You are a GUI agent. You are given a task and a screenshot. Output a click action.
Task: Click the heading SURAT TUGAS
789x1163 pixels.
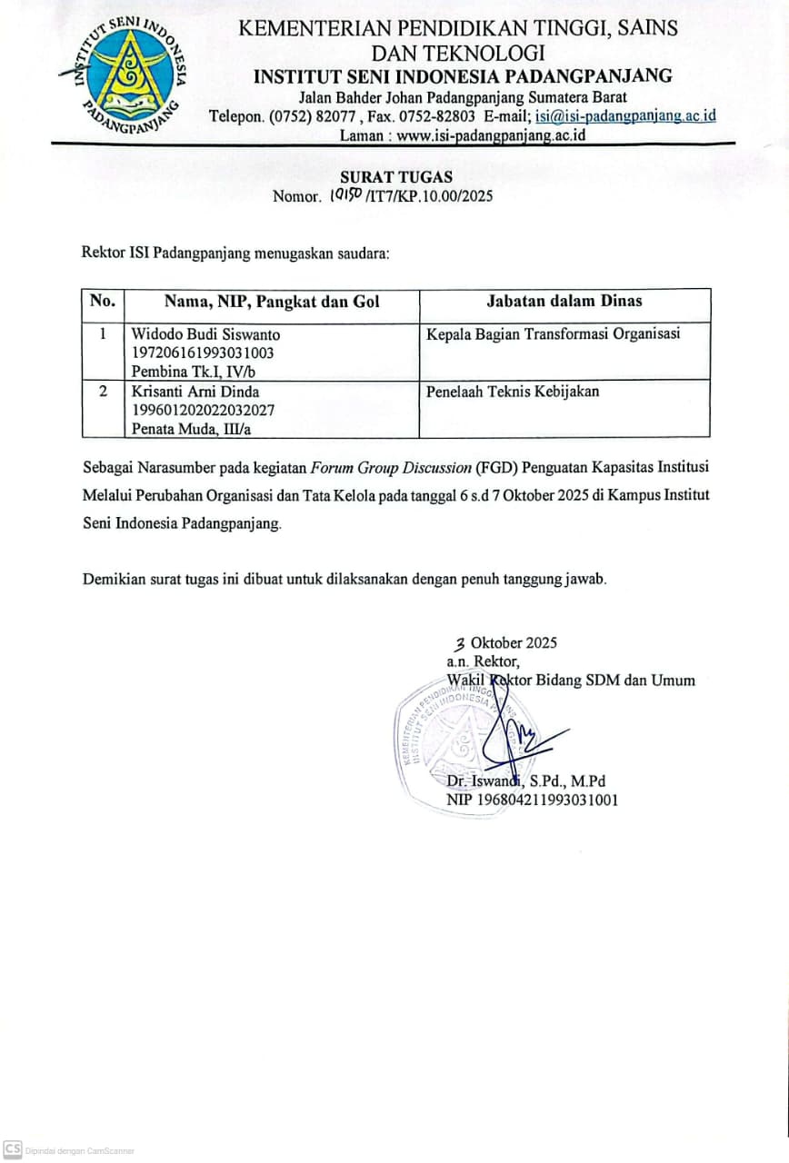[395, 177]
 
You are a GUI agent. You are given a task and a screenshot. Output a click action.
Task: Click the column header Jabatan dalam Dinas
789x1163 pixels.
[564, 302]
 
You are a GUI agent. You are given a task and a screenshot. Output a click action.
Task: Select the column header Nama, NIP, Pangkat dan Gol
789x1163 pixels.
[272, 302]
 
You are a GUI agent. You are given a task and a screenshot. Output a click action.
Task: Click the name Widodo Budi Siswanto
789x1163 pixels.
[206, 334]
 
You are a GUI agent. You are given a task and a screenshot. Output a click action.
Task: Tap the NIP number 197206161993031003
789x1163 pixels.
[203, 353]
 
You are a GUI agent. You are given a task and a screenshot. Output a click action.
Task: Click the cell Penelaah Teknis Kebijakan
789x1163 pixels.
[513, 392]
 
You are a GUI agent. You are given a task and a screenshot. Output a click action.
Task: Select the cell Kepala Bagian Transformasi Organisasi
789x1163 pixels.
[554, 334]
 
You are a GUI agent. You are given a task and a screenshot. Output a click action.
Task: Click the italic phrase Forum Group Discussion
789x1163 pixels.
[390, 468]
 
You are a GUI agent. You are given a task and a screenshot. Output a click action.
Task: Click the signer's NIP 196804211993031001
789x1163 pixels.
[533, 800]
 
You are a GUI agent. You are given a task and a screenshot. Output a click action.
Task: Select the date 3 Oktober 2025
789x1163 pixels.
[506, 643]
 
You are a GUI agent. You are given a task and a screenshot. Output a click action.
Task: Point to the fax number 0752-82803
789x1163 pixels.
[441, 116]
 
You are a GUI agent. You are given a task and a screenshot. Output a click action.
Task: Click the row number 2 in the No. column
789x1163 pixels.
[103, 392]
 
